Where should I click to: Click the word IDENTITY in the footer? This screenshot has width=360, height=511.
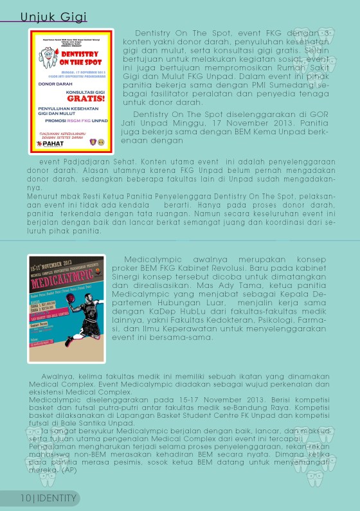[58, 498]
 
